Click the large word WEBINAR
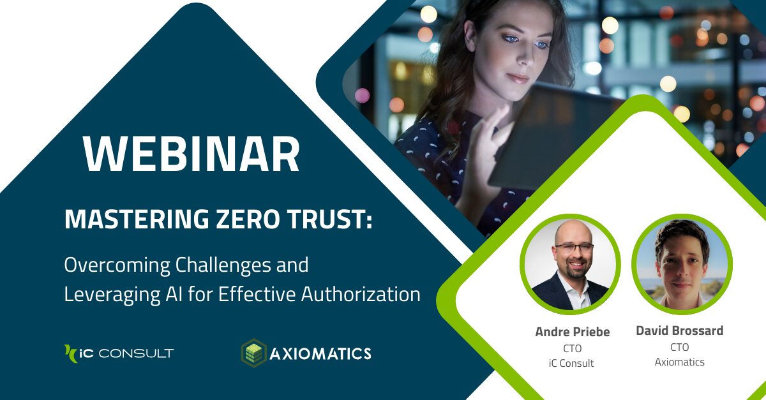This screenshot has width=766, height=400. coord(191,155)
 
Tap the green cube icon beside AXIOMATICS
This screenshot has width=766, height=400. coord(253,353)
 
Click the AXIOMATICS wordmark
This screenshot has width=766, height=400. coord(321,353)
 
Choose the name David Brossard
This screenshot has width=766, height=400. coord(680,330)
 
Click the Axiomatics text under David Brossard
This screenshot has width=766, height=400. coord(680,362)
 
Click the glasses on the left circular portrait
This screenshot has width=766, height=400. coord(573,248)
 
